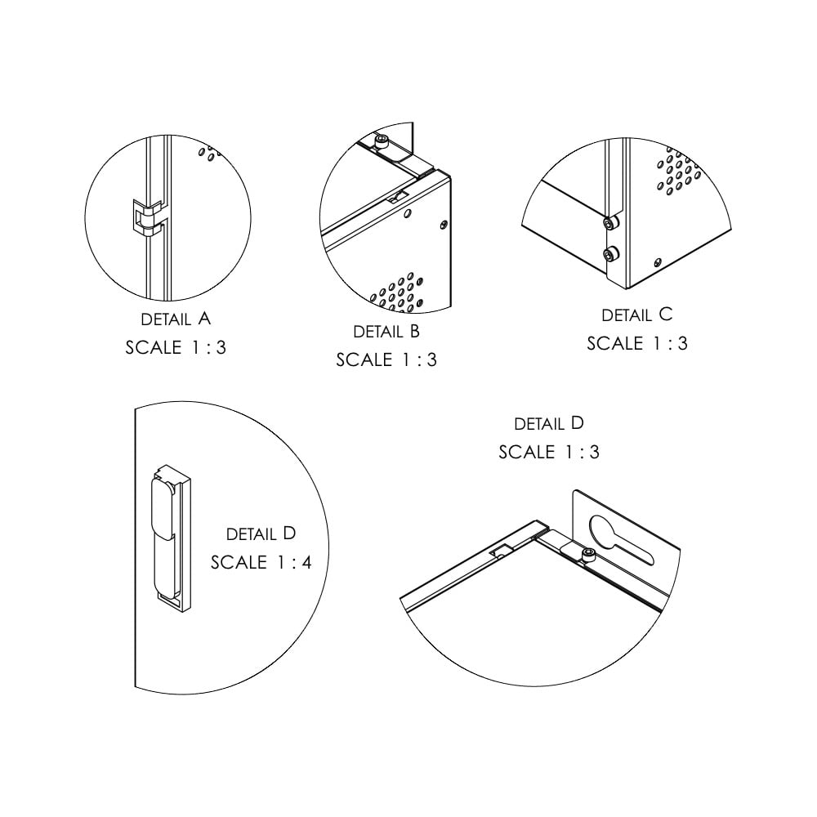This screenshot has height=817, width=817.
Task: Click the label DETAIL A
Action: tap(176, 319)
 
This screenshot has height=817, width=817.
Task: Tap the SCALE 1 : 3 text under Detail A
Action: tap(176, 347)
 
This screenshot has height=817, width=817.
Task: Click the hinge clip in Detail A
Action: tap(147, 219)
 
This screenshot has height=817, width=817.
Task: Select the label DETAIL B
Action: tap(386, 332)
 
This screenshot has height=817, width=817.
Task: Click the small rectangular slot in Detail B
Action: tap(398, 198)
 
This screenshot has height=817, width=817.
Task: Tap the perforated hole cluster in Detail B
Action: tap(396, 292)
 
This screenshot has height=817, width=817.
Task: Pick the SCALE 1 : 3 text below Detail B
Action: tap(386, 360)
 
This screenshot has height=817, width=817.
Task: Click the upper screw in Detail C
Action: tap(610, 223)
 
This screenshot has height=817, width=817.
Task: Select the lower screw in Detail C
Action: tap(609, 255)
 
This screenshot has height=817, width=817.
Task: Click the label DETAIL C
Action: tap(636, 315)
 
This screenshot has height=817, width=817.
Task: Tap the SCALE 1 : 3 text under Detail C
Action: tap(636, 343)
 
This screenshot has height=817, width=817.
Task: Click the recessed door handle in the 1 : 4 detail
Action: tap(170, 538)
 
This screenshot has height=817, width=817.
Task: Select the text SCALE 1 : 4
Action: tap(261, 562)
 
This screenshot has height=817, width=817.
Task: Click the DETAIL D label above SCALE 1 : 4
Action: tap(261, 534)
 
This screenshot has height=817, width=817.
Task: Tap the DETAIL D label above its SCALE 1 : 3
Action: tap(549, 423)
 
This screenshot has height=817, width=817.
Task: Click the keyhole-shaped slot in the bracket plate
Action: tap(620, 540)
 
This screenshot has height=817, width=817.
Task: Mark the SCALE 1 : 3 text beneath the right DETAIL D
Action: tap(549, 452)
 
